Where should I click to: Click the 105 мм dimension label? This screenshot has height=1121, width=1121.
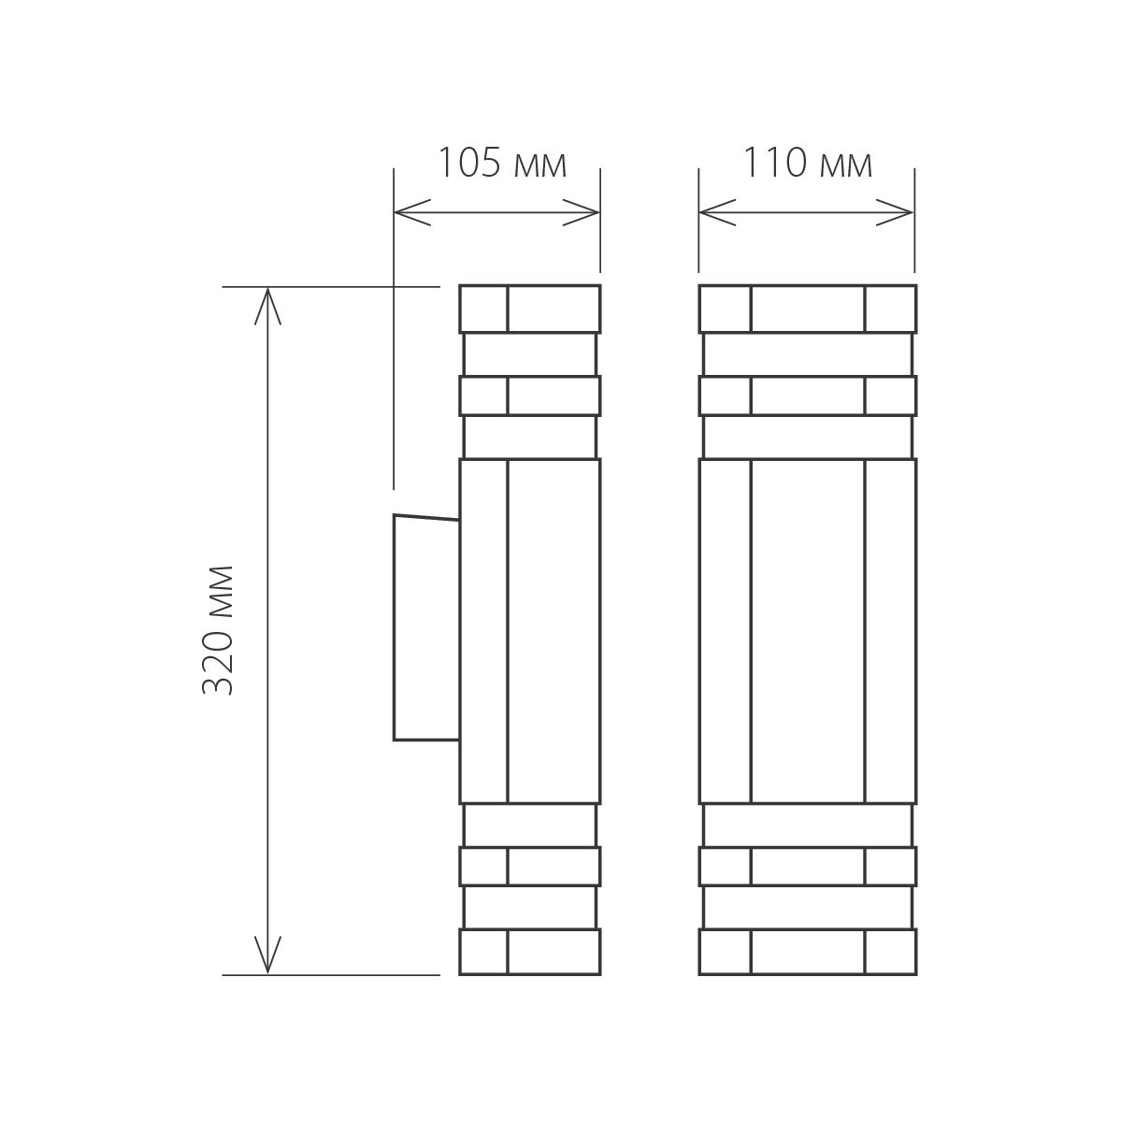point(502,165)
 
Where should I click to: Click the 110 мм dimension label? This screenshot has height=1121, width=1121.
point(808,165)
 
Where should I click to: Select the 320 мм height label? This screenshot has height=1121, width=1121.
point(217,629)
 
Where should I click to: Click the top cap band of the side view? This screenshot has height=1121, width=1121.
point(529,309)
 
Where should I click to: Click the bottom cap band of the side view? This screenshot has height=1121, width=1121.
point(529,953)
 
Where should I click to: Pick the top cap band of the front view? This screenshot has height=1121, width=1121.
point(807,309)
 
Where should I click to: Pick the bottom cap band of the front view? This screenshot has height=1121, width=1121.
point(807,953)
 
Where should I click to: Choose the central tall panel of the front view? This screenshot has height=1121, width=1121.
point(807,631)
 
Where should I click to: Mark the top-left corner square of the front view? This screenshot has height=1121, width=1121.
point(726,309)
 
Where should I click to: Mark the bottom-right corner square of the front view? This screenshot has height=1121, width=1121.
point(889,953)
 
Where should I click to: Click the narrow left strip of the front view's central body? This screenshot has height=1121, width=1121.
point(726,631)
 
